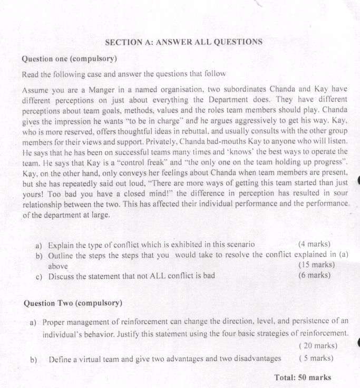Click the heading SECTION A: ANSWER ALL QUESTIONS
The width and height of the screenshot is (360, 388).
184,42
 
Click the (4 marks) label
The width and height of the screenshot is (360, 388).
314,244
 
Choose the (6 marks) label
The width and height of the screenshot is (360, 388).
314,275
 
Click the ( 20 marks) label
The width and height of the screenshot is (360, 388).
318,346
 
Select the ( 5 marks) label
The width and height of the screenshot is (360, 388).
316,359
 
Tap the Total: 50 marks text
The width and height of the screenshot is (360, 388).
303,377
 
